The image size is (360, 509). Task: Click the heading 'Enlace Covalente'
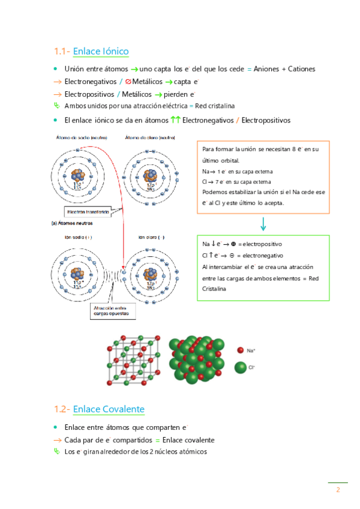pos(109,409)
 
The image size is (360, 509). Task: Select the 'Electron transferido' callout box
pos(88,212)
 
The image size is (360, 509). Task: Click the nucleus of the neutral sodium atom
pos(79,176)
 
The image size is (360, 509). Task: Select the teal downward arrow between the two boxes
pos(263,224)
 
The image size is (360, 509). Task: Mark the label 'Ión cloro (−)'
pos(151,237)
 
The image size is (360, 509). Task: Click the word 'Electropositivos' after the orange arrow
pos(91,95)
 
